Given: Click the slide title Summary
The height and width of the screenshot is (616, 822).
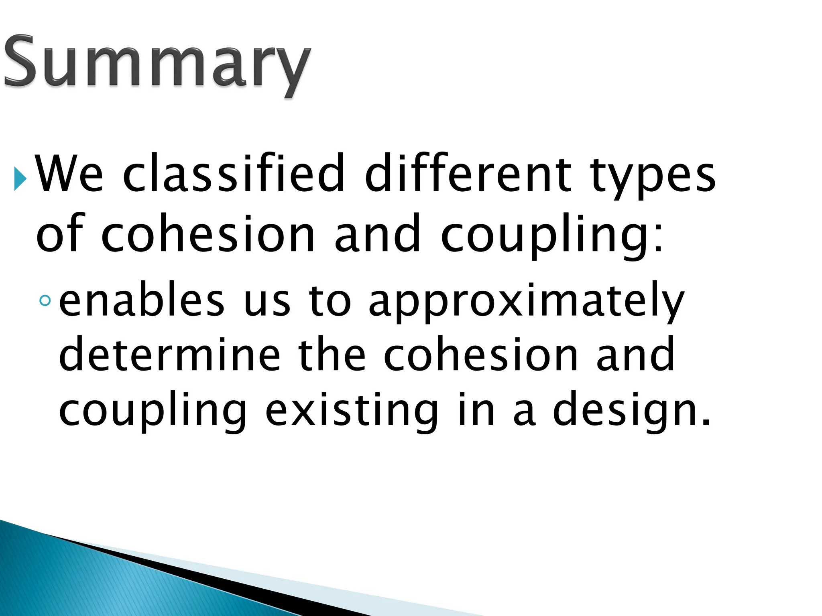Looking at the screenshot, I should point(157,64).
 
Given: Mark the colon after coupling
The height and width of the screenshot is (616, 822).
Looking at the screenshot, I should point(659,239).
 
